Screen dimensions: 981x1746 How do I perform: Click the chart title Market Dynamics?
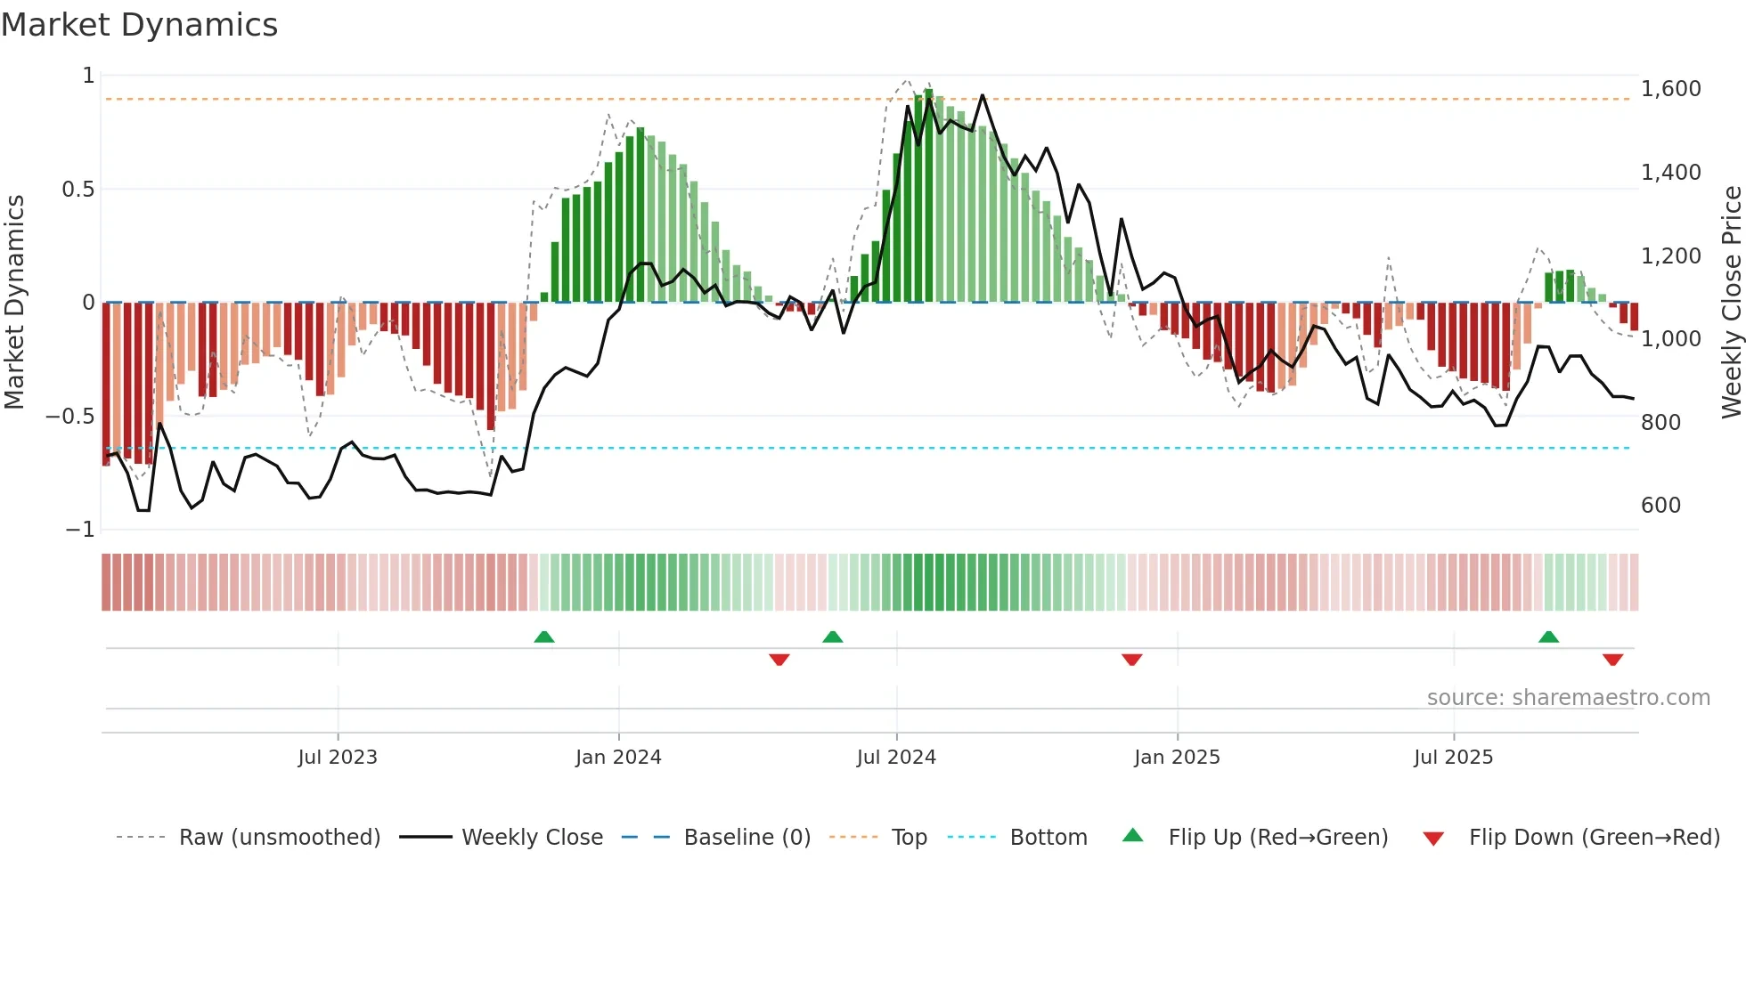(139, 25)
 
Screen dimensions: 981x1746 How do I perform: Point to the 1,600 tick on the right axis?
(1670, 89)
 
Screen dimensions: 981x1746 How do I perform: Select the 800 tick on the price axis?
(1660, 422)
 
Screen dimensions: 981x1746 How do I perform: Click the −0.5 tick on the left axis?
(70, 417)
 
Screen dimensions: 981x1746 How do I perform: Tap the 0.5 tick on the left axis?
(78, 190)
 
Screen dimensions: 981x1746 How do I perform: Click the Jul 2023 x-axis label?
(338, 758)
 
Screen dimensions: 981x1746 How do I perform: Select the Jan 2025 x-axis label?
(1177, 758)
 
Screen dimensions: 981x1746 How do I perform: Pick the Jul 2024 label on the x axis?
(896, 758)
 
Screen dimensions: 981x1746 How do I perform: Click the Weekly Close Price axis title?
(1731, 302)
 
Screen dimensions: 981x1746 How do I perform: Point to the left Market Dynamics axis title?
(14, 302)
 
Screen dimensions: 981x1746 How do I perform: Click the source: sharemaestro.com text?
(1568, 698)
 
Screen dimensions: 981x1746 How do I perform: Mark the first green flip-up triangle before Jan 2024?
(544, 636)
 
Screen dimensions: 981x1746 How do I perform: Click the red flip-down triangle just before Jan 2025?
(1132, 660)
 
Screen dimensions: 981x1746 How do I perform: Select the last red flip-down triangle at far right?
(1612, 660)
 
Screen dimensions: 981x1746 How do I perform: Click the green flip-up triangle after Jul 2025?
(1548, 636)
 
